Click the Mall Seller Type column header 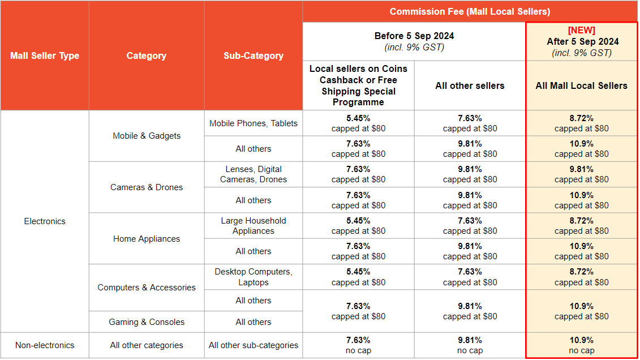tap(45, 55)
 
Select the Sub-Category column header tap(253, 55)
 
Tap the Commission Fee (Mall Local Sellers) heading tap(470, 11)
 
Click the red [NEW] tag tap(581, 30)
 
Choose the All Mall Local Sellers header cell tap(581, 85)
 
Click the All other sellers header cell tap(470, 85)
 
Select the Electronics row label tap(45, 221)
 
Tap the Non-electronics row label tap(45, 345)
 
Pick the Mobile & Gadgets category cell tap(147, 136)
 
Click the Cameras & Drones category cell tap(147, 187)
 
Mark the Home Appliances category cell tap(147, 238)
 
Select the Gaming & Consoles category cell tap(147, 322)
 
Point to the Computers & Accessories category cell tap(147, 287)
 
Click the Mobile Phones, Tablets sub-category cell tap(253, 123)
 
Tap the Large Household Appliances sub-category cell tap(253, 225)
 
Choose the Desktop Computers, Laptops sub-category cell tap(253, 277)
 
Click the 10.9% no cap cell tap(581, 345)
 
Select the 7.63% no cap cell tap(358, 345)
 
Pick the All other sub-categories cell tap(253, 345)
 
